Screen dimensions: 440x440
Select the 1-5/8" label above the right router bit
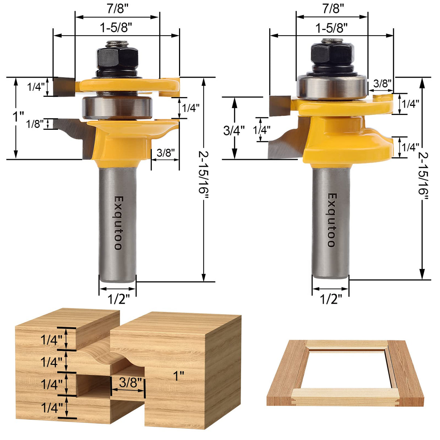point(331,28)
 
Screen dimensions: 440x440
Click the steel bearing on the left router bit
point(117,107)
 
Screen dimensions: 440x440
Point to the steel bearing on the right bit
point(331,87)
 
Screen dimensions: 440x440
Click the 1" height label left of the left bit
point(18,117)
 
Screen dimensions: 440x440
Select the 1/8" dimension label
point(35,124)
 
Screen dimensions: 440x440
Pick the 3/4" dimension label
point(234,130)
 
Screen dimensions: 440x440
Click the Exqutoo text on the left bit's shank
point(118,223)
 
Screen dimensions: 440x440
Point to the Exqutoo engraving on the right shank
point(331,220)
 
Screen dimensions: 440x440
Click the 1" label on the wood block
point(178,376)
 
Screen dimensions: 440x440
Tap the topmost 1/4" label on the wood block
point(51,340)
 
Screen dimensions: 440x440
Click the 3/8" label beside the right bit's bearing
point(382,83)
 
